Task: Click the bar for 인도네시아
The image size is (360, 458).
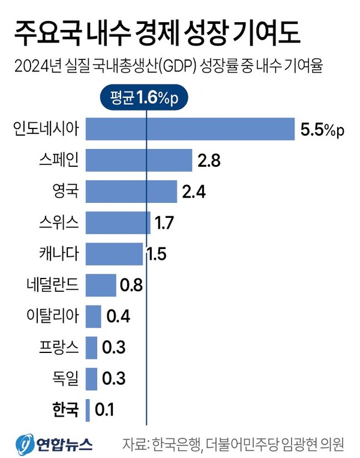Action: [x=190, y=128]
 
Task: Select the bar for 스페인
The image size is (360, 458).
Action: [x=139, y=160]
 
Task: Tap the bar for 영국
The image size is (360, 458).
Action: [x=131, y=191]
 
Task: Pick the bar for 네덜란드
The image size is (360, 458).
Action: [x=101, y=285]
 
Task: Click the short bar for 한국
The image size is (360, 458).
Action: [x=88, y=411]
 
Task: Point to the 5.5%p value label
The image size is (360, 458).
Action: [x=323, y=130]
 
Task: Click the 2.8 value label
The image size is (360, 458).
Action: [x=209, y=161]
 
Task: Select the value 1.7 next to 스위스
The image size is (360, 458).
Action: [x=164, y=223]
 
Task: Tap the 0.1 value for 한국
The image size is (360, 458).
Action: [x=105, y=411]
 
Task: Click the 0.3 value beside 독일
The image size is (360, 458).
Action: [x=113, y=379]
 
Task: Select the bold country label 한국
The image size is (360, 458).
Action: [x=64, y=411]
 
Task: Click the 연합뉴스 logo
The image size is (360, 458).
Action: [x=54, y=444]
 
